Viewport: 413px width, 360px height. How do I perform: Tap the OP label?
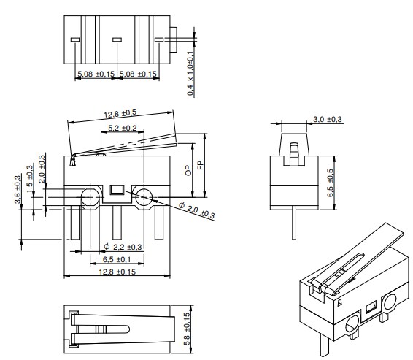click(x=189, y=170)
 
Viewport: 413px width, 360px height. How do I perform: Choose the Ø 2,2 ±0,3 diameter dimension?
click(x=123, y=247)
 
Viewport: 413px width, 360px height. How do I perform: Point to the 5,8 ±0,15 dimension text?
click(x=188, y=329)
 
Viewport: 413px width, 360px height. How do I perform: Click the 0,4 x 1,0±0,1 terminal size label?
click(x=190, y=73)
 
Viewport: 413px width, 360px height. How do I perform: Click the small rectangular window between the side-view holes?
click(x=117, y=192)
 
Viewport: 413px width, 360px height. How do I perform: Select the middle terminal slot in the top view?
click(x=117, y=39)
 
